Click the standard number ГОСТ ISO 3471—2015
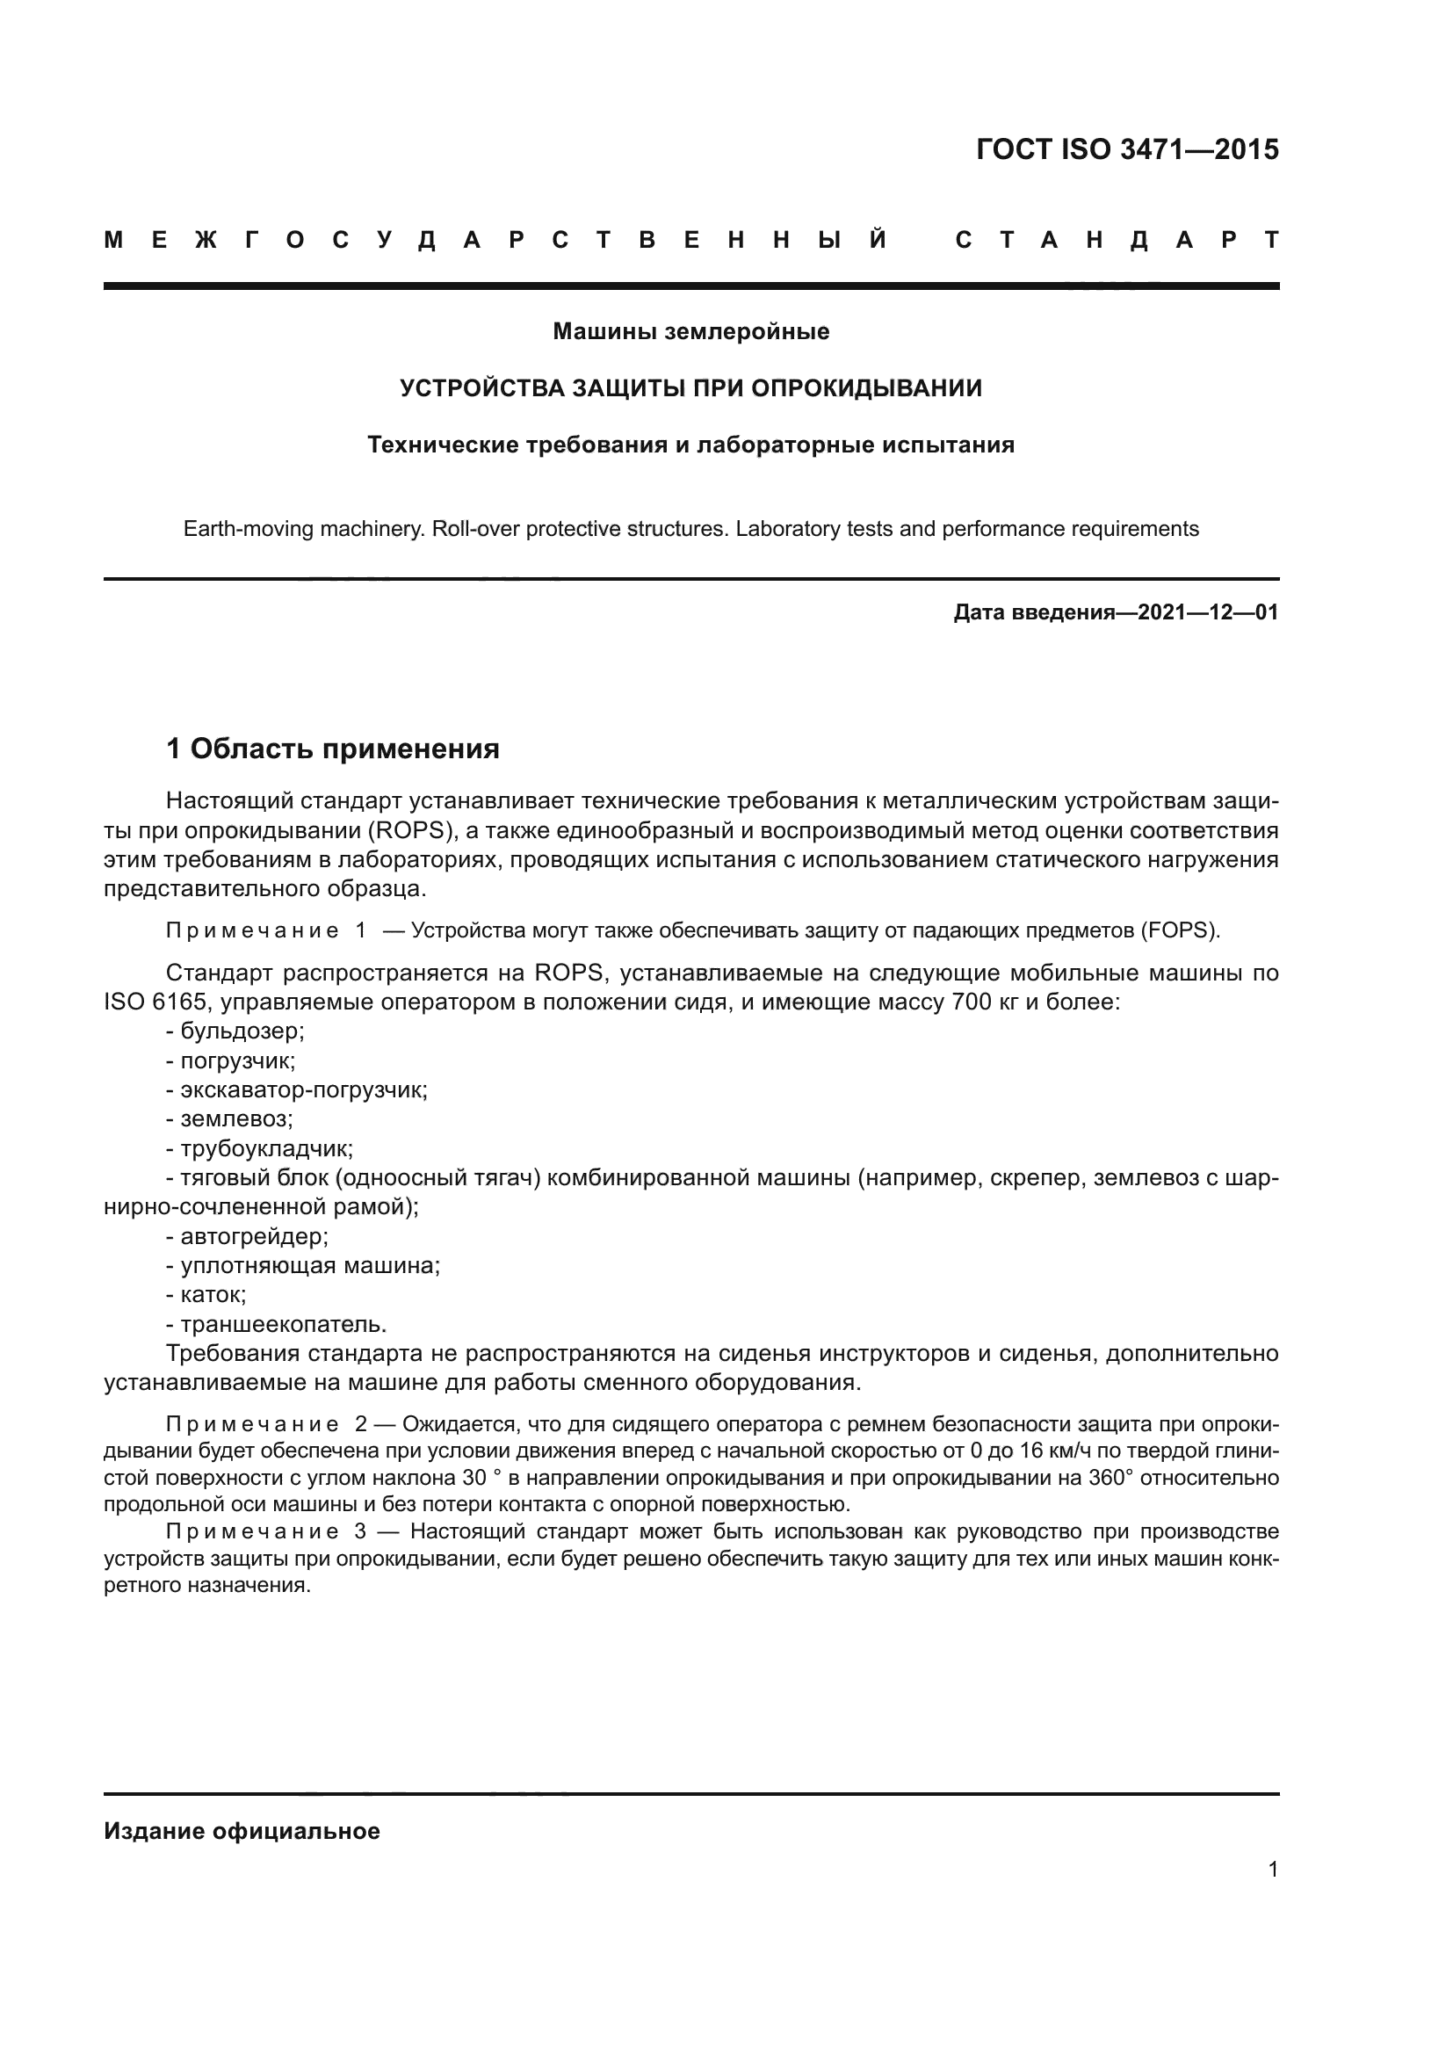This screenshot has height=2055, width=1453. pos(1126,149)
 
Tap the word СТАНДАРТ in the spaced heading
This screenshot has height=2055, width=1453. pos(1117,240)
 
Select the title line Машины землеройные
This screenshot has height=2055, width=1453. pos(690,331)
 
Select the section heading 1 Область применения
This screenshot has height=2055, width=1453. pos(333,749)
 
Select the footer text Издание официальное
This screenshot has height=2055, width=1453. pos(242,1831)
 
